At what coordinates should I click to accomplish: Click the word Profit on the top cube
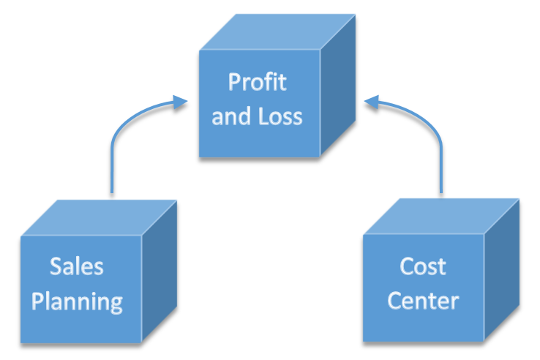click(x=257, y=82)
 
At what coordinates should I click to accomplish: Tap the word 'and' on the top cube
click(x=230, y=116)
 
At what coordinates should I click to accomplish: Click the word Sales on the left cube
click(x=77, y=266)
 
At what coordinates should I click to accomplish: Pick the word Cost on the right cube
click(x=423, y=266)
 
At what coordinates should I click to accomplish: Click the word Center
click(x=423, y=301)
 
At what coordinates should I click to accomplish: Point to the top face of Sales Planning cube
click(x=99, y=217)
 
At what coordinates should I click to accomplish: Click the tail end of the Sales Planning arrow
click(x=111, y=192)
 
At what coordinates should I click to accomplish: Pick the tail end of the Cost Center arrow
click(x=442, y=192)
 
